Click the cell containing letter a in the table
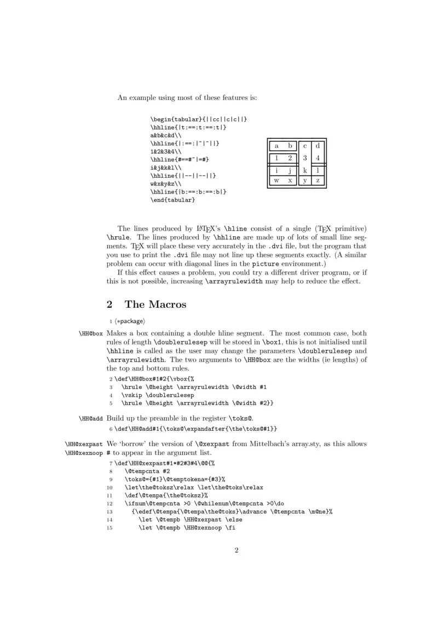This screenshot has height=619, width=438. click(276, 146)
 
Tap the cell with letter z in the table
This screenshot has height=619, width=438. click(318, 180)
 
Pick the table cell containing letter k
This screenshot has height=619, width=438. click(305, 171)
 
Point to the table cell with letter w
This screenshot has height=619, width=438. click(276, 180)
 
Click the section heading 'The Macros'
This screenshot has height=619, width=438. click(155, 304)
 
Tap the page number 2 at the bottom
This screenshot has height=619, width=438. click(237, 550)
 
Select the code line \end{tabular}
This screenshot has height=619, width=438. click(173, 201)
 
